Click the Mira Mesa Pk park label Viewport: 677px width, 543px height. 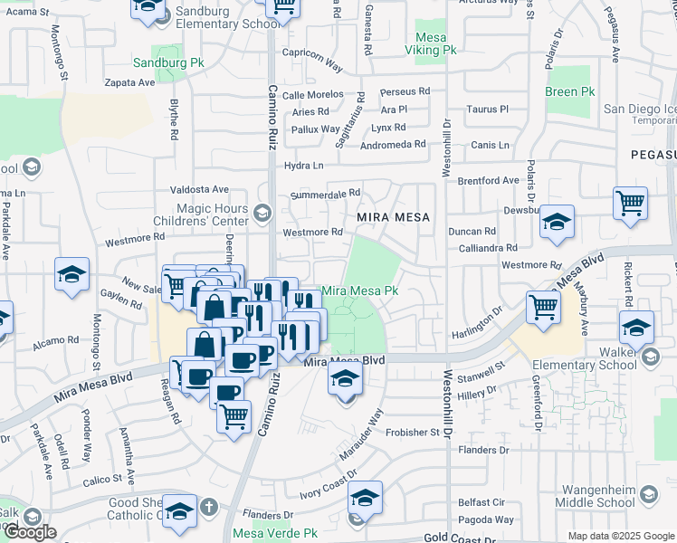360,291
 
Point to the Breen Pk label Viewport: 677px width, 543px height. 569,92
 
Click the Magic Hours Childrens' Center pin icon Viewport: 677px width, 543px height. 262,214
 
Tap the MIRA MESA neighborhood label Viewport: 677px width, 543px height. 392,217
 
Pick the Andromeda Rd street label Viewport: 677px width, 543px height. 393,144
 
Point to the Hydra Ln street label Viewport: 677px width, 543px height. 303,166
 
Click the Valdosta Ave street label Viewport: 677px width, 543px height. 201,189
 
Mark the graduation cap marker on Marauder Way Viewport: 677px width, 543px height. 345,379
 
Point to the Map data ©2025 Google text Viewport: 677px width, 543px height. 620,536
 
